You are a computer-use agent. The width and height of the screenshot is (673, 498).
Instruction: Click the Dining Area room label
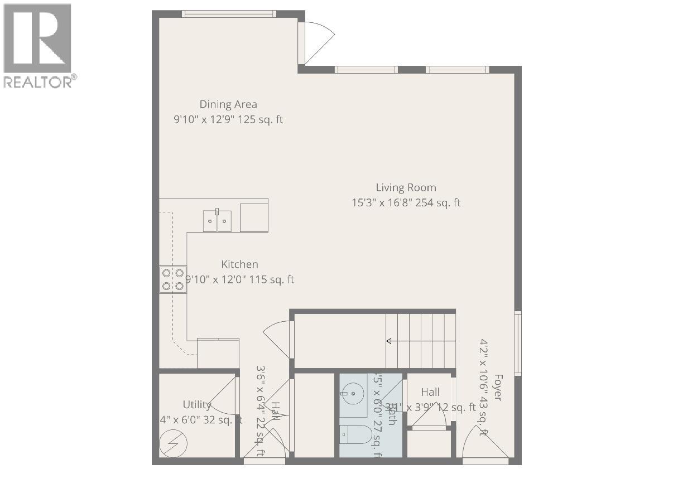click(228, 104)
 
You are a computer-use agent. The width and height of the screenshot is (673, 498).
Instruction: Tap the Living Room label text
click(406, 188)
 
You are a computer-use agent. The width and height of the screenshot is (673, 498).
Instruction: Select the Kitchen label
click(239, 264)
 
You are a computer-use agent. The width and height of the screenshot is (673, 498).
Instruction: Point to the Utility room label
click(196, 404)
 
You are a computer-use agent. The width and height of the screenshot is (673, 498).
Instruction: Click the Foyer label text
click(497, 388)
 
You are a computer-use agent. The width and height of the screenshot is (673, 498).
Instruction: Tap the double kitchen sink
click(217, 221)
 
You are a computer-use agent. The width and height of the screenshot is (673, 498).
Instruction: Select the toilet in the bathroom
click(357, 434)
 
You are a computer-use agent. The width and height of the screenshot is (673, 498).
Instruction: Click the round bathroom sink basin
click(353, 393)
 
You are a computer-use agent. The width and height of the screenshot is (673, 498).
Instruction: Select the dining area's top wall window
click(229, 14)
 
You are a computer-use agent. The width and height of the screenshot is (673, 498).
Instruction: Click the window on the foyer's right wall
click(518, 343)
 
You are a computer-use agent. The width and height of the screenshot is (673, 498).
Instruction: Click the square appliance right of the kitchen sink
click(254, 217)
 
